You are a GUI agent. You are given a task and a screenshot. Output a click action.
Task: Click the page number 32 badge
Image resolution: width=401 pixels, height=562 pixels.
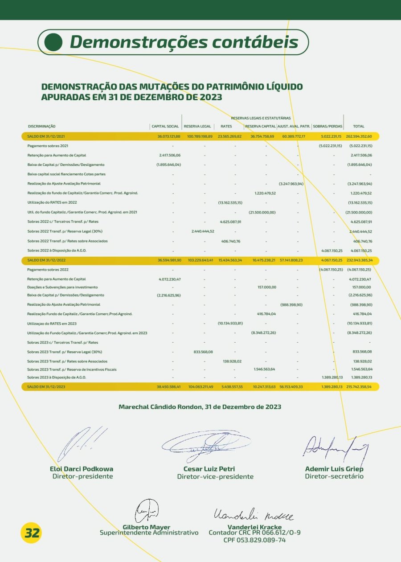point(32,533)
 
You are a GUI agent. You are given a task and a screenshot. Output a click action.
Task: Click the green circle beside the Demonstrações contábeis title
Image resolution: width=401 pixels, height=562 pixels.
point(53,42)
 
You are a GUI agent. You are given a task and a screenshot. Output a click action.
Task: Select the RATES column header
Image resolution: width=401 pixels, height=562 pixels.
point(226,127)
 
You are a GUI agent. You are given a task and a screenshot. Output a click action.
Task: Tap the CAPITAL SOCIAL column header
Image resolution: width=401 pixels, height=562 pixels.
point(165,127)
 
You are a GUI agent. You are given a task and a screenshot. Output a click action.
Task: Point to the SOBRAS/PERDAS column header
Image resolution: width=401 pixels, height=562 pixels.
point(327,127)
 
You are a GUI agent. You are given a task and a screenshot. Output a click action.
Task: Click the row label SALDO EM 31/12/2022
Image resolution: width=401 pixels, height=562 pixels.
point(46,259)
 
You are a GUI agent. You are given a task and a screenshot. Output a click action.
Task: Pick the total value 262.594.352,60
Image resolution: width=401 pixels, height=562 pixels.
point(359,136)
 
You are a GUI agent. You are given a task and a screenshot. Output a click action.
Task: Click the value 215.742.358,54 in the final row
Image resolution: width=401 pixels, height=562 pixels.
point(359,387)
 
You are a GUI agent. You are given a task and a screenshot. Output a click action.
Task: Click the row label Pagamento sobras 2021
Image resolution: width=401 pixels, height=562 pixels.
point(48,146)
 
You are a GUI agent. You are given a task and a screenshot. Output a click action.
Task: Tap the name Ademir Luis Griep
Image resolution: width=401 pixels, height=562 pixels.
point(334,469)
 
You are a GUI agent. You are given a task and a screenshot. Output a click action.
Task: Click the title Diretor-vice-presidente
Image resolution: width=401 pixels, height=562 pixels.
point(215,476)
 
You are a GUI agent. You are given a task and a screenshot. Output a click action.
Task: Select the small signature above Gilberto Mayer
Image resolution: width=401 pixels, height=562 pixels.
point(147,511)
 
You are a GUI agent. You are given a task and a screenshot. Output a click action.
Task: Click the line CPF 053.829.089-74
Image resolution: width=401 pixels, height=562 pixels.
point(254,540)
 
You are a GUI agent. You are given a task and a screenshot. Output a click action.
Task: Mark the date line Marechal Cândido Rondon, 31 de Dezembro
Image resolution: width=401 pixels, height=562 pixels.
point(200,407)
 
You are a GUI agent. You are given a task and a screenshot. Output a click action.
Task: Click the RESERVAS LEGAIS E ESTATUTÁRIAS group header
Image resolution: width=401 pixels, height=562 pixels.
point(261,118)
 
